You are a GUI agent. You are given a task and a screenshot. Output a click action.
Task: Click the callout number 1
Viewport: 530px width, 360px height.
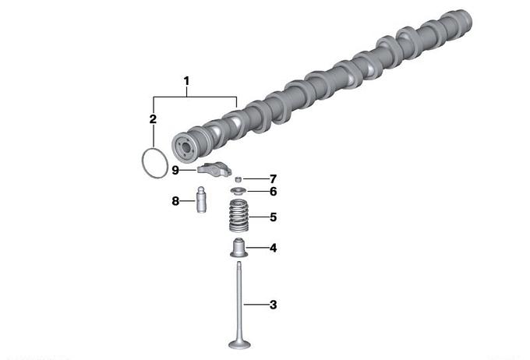pos(186,82)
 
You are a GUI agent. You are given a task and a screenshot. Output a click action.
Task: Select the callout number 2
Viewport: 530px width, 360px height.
pos(153,119)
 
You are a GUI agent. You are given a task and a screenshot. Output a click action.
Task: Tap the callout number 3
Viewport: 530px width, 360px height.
pos(273,305)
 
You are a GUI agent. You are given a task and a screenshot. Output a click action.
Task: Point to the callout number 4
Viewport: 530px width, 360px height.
pos(273,248)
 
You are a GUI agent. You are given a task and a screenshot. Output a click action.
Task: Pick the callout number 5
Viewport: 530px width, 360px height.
pos(273,217)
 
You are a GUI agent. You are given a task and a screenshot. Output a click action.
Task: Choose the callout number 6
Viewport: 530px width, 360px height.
pos(273,192)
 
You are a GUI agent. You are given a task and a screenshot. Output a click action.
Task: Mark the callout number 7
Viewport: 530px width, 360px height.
pos(273,178)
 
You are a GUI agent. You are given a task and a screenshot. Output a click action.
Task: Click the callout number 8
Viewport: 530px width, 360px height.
pos(175,201)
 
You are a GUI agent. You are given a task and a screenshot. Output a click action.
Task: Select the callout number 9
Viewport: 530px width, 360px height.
pos(175,170)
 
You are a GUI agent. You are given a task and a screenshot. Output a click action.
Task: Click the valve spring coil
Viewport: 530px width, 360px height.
pos(239,216)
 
